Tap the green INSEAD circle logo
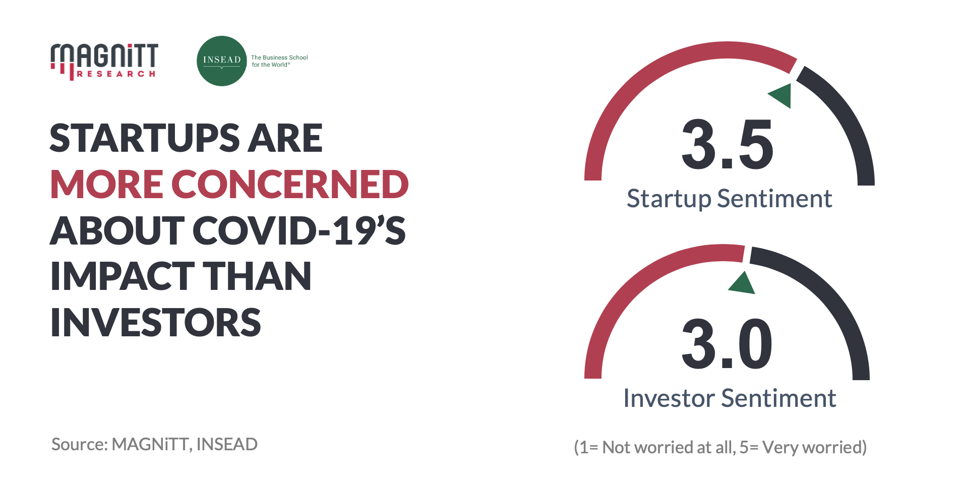[x=221, y=61]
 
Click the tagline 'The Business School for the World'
[x=279, y=61]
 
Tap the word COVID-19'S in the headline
[x=299, y=230]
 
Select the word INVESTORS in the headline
[x=156, y=323]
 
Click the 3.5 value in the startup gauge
[x=727, y=145]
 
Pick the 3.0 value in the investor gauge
[x=727, y=344]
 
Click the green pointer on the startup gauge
[x=781, y=95]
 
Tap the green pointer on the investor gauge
[x=742, y=283]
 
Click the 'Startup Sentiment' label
[x=729, y=199]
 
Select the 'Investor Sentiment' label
[x=730, y=398]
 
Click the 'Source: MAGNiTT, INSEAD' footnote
[x=154, y=444]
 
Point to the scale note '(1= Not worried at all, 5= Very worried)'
[x=720, y=447]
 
